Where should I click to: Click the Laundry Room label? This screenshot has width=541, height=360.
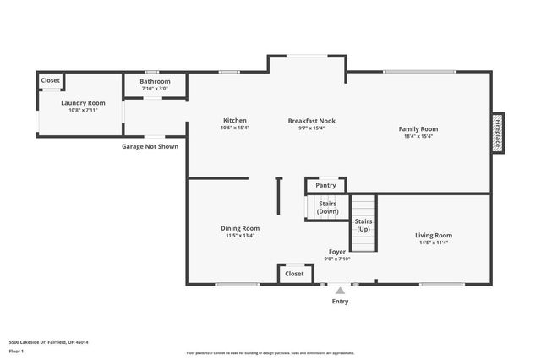click(83, 102)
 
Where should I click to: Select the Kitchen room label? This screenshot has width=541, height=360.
click(234, 120)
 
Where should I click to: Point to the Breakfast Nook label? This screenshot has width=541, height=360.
click(311, 120)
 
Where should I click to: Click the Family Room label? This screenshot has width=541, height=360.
click(418, 128)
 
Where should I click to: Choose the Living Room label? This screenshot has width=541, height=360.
click(433, 235)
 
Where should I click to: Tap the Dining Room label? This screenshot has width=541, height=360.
click(240, 228)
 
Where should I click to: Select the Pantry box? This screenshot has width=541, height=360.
click(325, 185)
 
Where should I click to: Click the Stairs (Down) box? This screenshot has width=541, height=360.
click(328, 207)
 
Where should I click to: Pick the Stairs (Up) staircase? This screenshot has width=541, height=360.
click(363, 224)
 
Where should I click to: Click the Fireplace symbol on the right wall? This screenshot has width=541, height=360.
click(498, 134)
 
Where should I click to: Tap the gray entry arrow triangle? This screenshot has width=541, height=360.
click(340, 290)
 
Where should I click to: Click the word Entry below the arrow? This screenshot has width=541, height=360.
click(340, 301)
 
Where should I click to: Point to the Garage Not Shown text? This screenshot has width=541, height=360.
click(150, 146)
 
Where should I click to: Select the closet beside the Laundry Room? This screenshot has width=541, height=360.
click(51, 80)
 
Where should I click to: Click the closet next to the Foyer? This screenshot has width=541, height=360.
click(294, 274)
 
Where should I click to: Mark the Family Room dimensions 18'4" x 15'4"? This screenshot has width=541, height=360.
click(418, 136)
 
